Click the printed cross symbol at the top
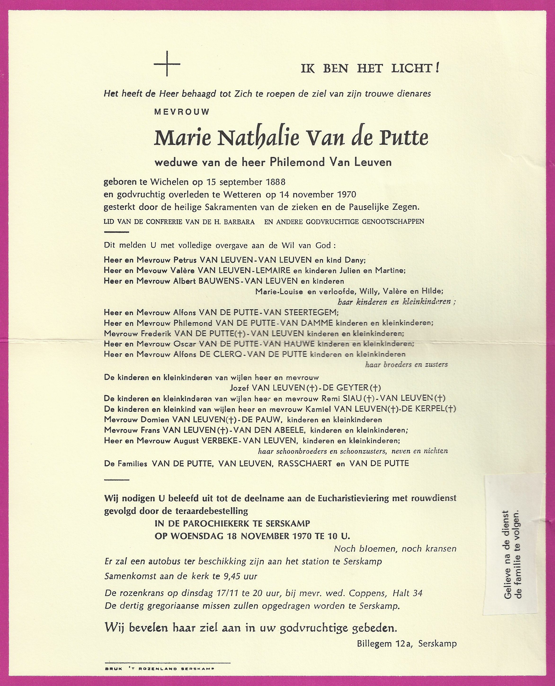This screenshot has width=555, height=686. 167,64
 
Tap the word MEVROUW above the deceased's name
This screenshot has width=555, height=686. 182,112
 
